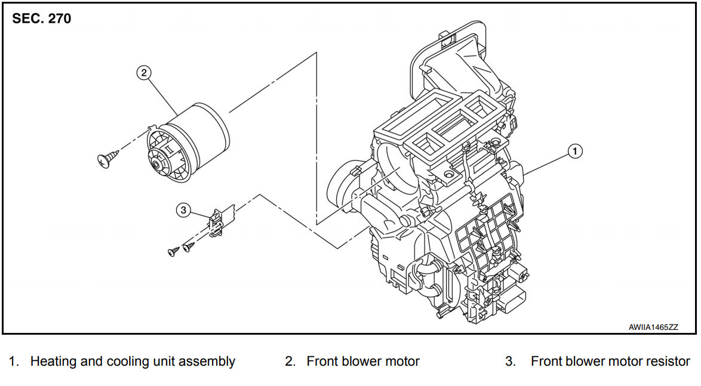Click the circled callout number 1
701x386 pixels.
[x=574, y=152]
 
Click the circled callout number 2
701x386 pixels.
[x=143, y=73]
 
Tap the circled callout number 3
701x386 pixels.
[x=183, y=209]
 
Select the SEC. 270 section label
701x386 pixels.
[x=42, y=18]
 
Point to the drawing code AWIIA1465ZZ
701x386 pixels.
[x=653, y=328]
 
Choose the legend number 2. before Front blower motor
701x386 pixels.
[x=290, y=361]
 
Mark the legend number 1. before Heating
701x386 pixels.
[x=13, y=361]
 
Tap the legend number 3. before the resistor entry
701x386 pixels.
[x=511, y=361]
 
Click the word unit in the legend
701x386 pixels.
[x=160, y=361]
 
